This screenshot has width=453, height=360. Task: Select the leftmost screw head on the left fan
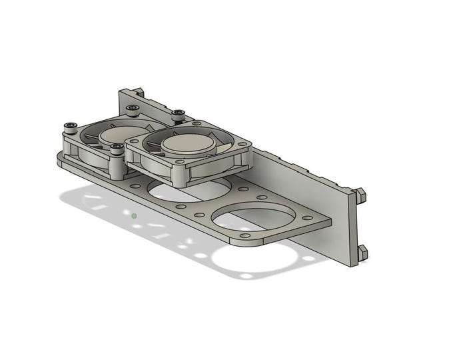[x=69, y=125]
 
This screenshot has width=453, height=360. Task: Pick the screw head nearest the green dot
[x=117, y=147]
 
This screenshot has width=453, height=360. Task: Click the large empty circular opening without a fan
[x=254, y=218]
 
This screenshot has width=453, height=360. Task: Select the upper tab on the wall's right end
[x=360, y=194]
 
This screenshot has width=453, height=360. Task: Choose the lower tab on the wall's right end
[x=362, y=251]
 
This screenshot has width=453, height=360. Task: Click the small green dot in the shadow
[x=135, y=216]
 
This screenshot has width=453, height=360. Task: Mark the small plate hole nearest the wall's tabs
[x=307, y=218]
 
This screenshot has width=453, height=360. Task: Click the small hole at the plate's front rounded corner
[x=244, y=236]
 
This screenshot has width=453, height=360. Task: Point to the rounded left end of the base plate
[x=62, y=159]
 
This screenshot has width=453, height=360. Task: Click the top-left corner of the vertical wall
[x=121, y=91]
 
